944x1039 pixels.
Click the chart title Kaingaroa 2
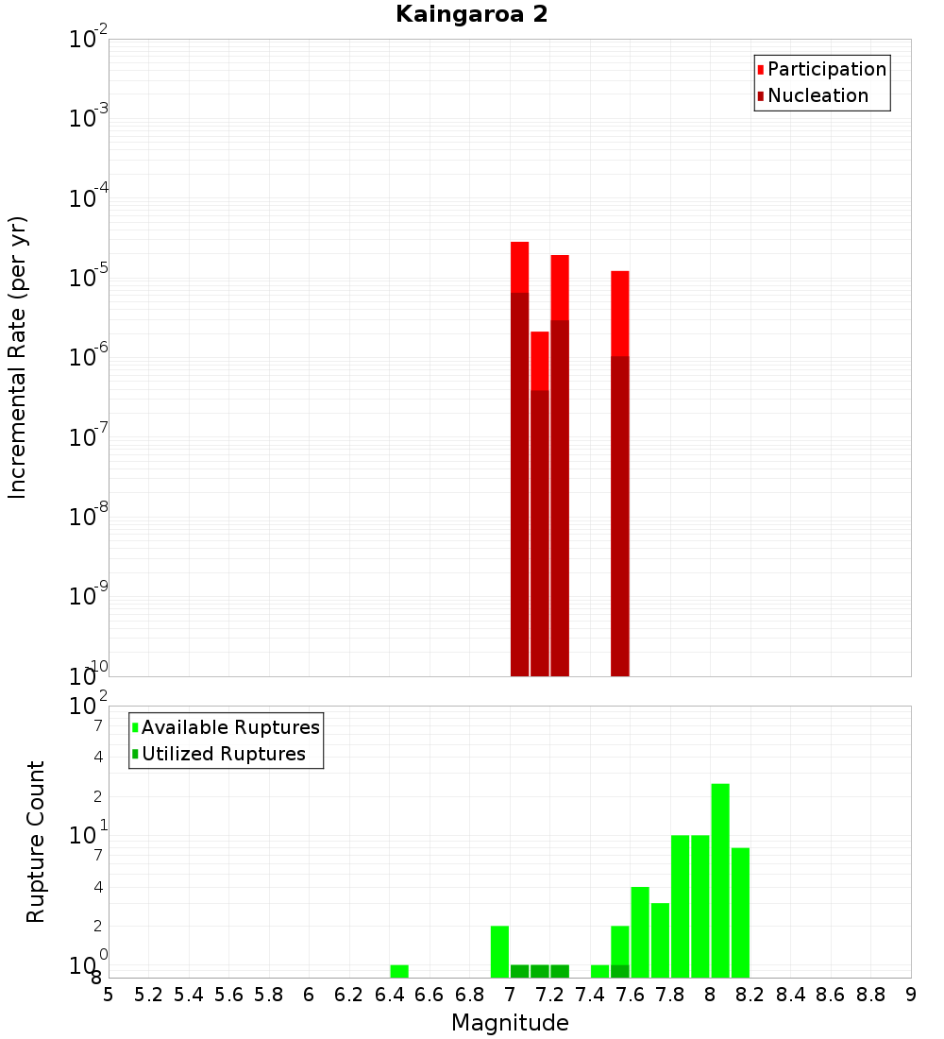[471, 15]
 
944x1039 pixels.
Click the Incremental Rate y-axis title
[18, 358]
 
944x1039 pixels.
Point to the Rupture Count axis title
[36, 842]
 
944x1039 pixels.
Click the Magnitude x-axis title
[510, 1023]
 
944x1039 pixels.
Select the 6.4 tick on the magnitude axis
[389, 995]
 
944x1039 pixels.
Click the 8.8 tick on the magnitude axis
[870, 995]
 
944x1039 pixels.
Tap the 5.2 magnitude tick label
[148, 995]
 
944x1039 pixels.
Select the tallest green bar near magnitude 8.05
[720, 878]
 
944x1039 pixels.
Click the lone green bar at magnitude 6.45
[399, 971]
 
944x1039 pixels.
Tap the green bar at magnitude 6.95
[499, 951]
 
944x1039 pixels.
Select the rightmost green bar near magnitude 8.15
[740, 911]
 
